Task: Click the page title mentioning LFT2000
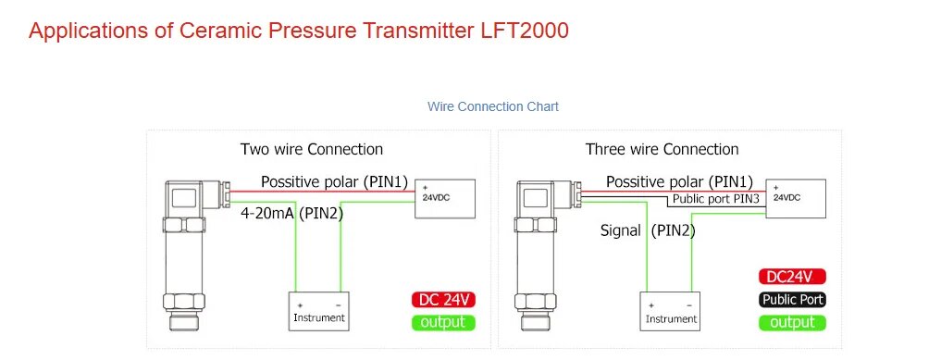[x=298, y=31]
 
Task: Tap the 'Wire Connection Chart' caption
[x=492, y=106]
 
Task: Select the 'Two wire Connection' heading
[x=312, y=149]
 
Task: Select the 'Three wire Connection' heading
[x=662, y=149]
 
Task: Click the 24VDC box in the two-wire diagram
[x=446, y=199]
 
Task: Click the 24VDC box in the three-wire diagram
[x=796, y=199]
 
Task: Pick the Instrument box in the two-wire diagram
[x=318, y=311]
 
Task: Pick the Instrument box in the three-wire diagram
[x=670, y=311]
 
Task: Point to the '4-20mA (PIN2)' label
[x=291, y=213]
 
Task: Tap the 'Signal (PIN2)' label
[x=648, y=230]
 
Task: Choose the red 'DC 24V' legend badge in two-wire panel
[x=443, y=300]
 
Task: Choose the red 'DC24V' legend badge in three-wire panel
[x=792, y=277]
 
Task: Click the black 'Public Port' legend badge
[x=792, y=300]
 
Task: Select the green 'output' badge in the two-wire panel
[x=443, y=322]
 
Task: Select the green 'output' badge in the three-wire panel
[x=792, y=322]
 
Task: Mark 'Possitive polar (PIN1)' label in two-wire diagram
[x=334, y=181]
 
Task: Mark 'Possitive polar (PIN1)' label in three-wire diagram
[x=679, y=181]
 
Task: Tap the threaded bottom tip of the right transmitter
[x=536, y=322]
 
